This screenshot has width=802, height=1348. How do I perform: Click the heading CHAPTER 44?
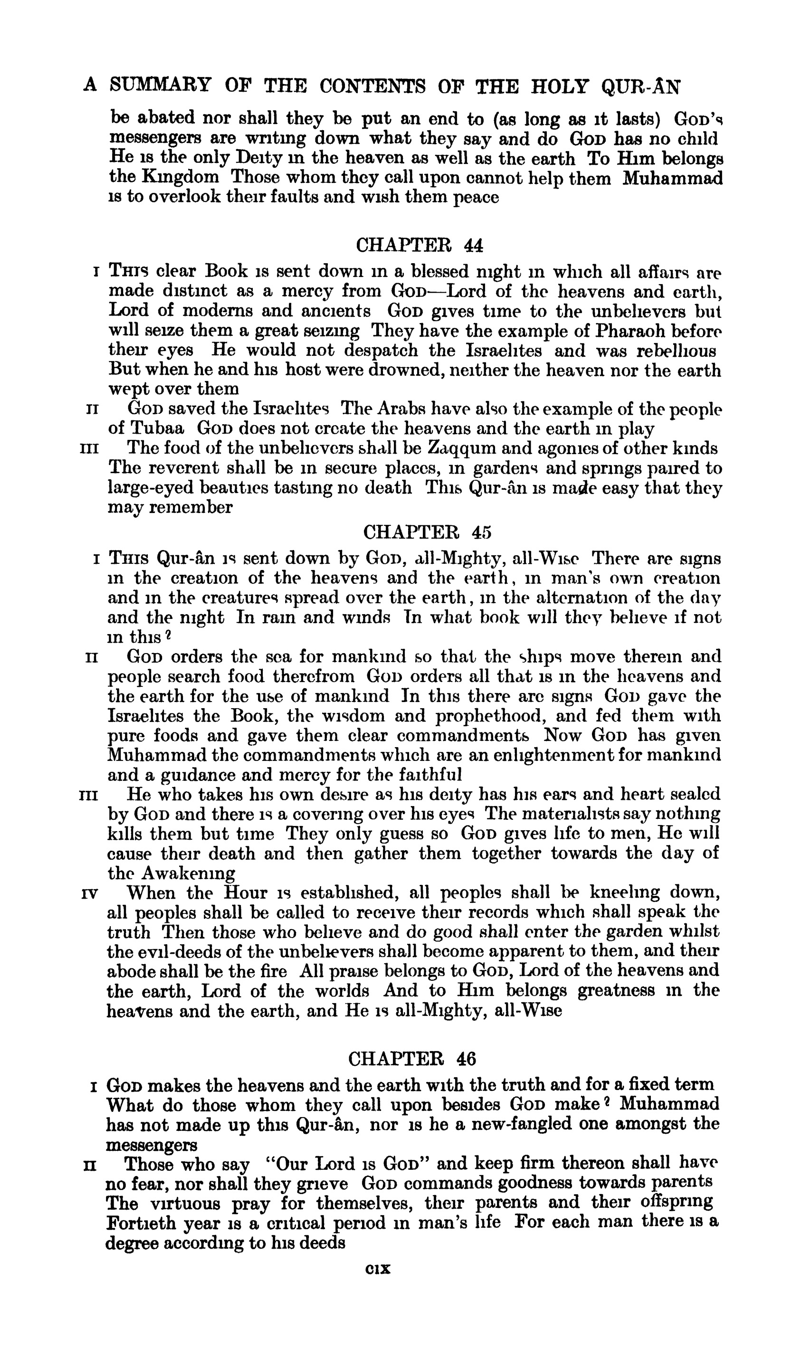420,246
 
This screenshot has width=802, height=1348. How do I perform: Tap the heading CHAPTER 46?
412,1058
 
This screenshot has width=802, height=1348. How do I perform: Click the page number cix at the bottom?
378,1269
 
